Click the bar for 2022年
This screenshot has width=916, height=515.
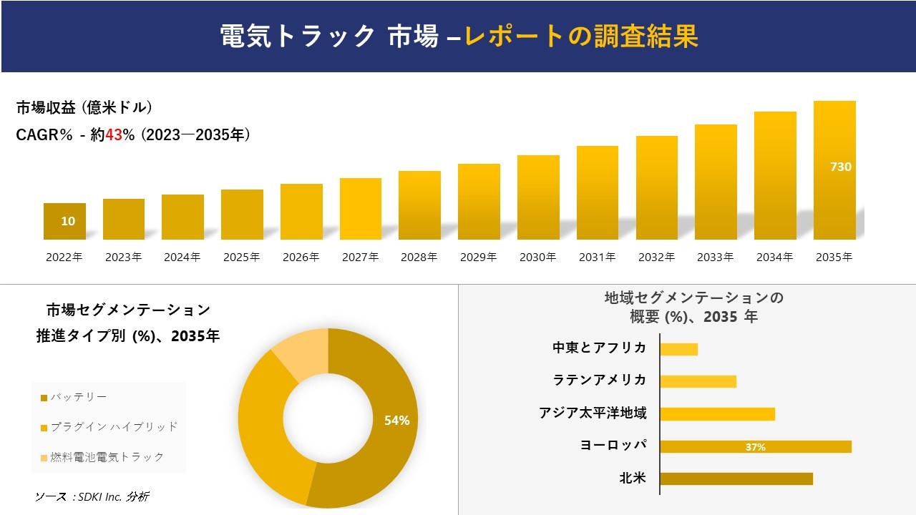pos(64,221)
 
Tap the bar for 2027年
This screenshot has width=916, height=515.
pos(361,209)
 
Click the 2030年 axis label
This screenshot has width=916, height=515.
pos(537,257)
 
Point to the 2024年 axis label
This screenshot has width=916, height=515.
pos(182,257)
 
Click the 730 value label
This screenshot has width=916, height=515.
pos(840,167)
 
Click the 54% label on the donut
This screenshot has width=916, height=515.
pos(396,421)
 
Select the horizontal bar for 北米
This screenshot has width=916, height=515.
pos(736,479)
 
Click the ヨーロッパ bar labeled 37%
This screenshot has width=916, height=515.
pos(756,446)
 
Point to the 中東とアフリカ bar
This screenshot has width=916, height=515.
pos(678,349)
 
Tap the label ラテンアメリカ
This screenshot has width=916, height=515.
pos(600,380)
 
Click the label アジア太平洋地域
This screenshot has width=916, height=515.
pos(593,413)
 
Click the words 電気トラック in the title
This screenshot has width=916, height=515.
pos(297,36)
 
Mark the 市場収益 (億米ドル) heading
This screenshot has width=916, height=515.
pos(84,108)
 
